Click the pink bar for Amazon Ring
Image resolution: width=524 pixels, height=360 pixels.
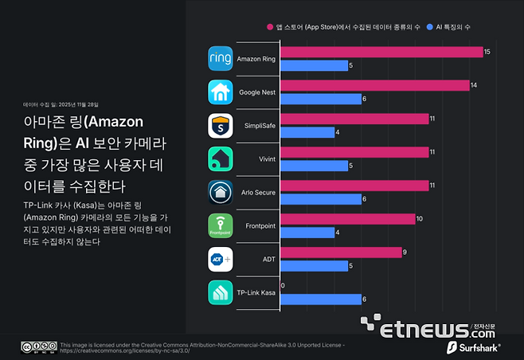pos(381,52)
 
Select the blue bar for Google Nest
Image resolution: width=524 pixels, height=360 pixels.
pos(320,99)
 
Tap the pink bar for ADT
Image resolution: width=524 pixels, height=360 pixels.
pos(341,252)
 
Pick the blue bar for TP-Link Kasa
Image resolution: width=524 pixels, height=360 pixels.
pos(320,299)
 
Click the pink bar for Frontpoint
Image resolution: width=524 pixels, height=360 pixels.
pos(347,219)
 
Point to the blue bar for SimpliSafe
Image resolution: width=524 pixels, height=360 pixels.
pos(307,132)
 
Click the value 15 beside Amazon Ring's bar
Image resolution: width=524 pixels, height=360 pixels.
pos(488,52)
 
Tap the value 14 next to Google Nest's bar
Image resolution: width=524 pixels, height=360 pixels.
pos(475,85)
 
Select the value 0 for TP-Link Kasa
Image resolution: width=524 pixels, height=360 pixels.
pos(283,286)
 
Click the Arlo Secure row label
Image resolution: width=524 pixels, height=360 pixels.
pos(257,193)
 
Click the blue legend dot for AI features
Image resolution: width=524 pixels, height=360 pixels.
pos(428,27)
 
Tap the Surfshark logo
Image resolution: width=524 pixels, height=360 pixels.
pos(478,348)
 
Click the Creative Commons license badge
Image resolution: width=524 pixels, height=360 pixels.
pos(38,346)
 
